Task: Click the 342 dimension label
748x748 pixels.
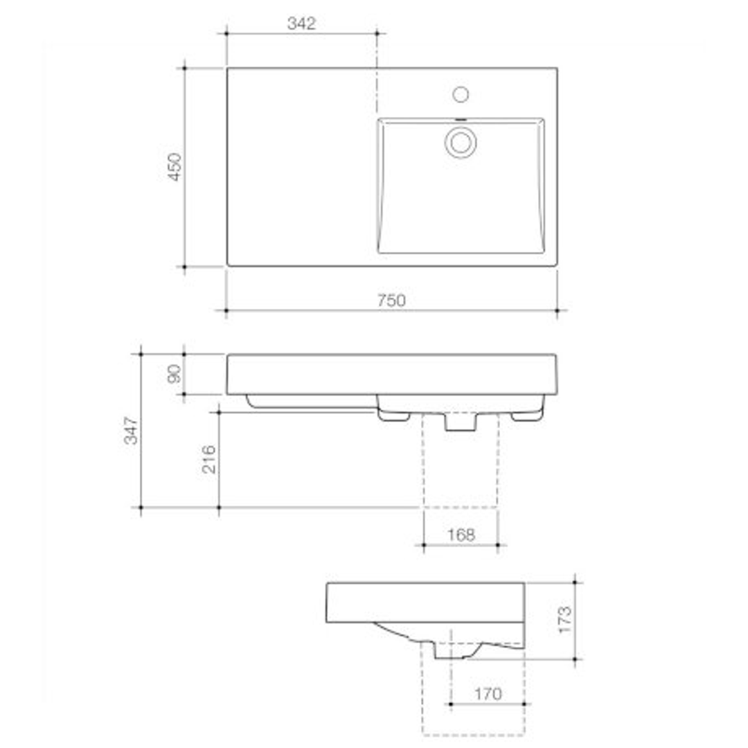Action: tap(301, 24)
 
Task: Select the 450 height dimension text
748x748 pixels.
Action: tap(175, 167)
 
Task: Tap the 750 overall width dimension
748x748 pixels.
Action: tap(391, 301)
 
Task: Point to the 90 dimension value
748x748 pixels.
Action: tap(175, 374)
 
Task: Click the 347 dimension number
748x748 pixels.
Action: tap(132, 430)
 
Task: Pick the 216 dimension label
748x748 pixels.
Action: tap(209, 459)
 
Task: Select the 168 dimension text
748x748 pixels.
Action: tap(461, 535)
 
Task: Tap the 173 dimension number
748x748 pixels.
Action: tap(565, 621)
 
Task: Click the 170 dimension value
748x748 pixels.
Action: tap(488, 694)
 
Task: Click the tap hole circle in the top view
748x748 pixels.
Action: tap(461, 94)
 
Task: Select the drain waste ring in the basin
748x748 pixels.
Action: tap(461, 142)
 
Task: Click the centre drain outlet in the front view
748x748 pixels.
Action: tap(461, 422)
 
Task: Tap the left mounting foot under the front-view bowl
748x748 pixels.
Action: tap(393, 416)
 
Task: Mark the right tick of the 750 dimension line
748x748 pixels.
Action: tap(557, 311)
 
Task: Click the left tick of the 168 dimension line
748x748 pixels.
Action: tap(423, 545)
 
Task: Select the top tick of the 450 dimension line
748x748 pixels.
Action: tap(184, 68)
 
